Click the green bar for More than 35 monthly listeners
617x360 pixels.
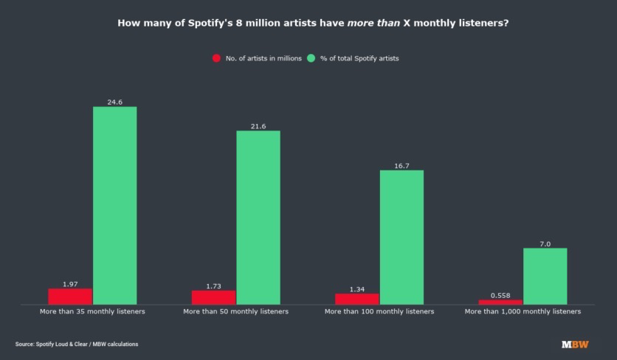(114, 205)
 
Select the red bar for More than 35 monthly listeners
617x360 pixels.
(70, 296)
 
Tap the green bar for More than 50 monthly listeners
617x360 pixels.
(258, 217)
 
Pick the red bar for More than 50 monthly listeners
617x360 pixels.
(214, 297)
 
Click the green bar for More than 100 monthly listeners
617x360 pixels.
(401, 237)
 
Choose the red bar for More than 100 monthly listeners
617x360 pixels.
(357, 299)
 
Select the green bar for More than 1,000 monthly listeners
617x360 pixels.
(545, 276)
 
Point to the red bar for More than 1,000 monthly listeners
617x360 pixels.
(500, 302)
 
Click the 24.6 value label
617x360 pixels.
(114, 102)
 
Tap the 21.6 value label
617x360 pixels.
(258, 126)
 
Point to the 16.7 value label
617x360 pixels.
(401, 166)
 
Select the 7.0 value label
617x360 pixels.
(545, 243)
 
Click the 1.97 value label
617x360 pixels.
(70, 284)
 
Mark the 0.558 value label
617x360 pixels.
(500, 295)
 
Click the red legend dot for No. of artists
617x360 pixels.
(216, 58)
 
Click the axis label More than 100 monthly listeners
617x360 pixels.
(379, 312)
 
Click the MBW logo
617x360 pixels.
(571, 345)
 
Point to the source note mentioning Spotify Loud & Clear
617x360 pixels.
(77, 345)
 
